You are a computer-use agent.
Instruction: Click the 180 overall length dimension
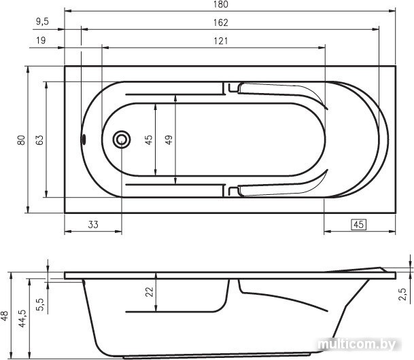tap(221, 4)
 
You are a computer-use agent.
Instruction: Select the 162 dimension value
tap(221, 22)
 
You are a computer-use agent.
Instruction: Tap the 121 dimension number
tap(221, 41)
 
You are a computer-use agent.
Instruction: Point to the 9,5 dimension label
tap(43, 22)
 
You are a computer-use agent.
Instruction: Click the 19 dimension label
tap(41, 40)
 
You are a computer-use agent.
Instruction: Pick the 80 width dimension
tap(21, 140)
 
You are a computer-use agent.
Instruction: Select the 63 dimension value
tap(39, 140)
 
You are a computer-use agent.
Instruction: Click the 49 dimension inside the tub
tap(169, 139)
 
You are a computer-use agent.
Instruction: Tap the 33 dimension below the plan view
tap(93, 225)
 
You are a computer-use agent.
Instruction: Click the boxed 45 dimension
tap(358, 225)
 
